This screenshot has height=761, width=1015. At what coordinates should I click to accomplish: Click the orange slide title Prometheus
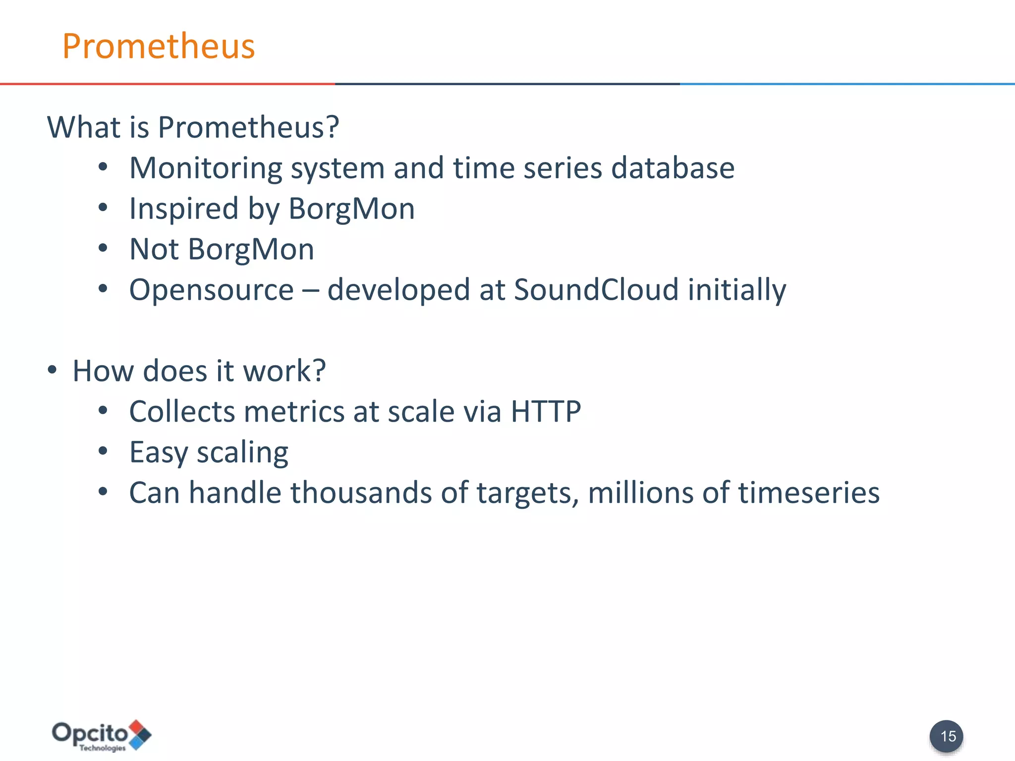[x=158, y=46]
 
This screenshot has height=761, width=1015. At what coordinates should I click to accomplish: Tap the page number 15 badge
[x=946, y=736]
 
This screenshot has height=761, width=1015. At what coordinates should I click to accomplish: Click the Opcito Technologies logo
[x=101, y=735]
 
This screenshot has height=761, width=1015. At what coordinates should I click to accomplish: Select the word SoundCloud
[x=596, y=289]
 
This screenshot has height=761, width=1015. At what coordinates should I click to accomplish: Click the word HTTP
[x=546, y=411]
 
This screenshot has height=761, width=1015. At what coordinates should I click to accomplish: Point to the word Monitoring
[x=205, y=168]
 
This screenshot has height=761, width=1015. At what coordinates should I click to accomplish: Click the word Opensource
[x=211, y=290]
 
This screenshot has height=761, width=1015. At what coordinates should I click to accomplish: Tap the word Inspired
[x=184, y=209]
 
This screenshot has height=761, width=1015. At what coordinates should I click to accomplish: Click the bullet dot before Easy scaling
[x=103, y=451]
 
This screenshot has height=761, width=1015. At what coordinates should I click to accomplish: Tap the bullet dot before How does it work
[x=53, y=370]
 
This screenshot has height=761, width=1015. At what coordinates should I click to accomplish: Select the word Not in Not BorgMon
[x=154, y=249]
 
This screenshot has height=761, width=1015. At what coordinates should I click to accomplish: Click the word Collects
[x=182, y=411]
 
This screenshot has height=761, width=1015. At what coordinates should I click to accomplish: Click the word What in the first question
[x=84, y=127]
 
